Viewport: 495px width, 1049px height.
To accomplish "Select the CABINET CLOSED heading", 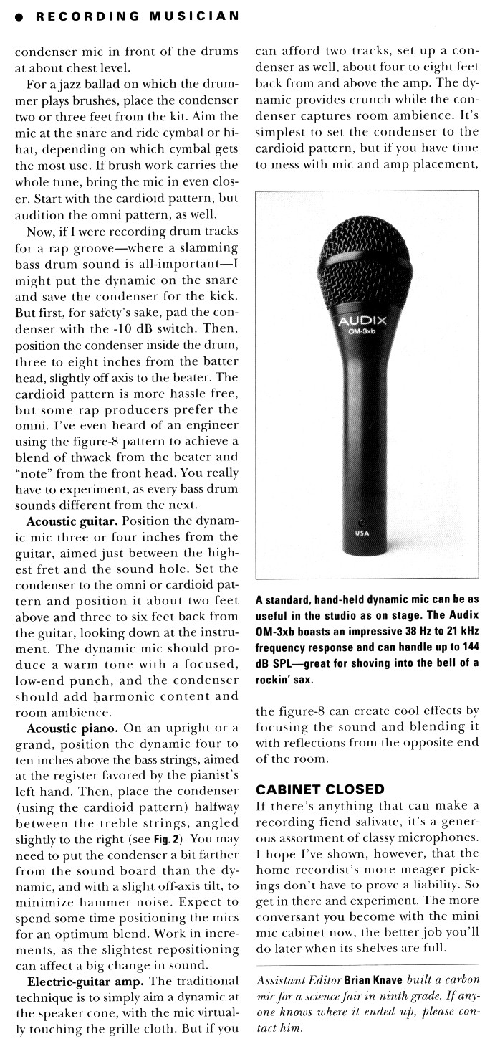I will click(x=320, y=789).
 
